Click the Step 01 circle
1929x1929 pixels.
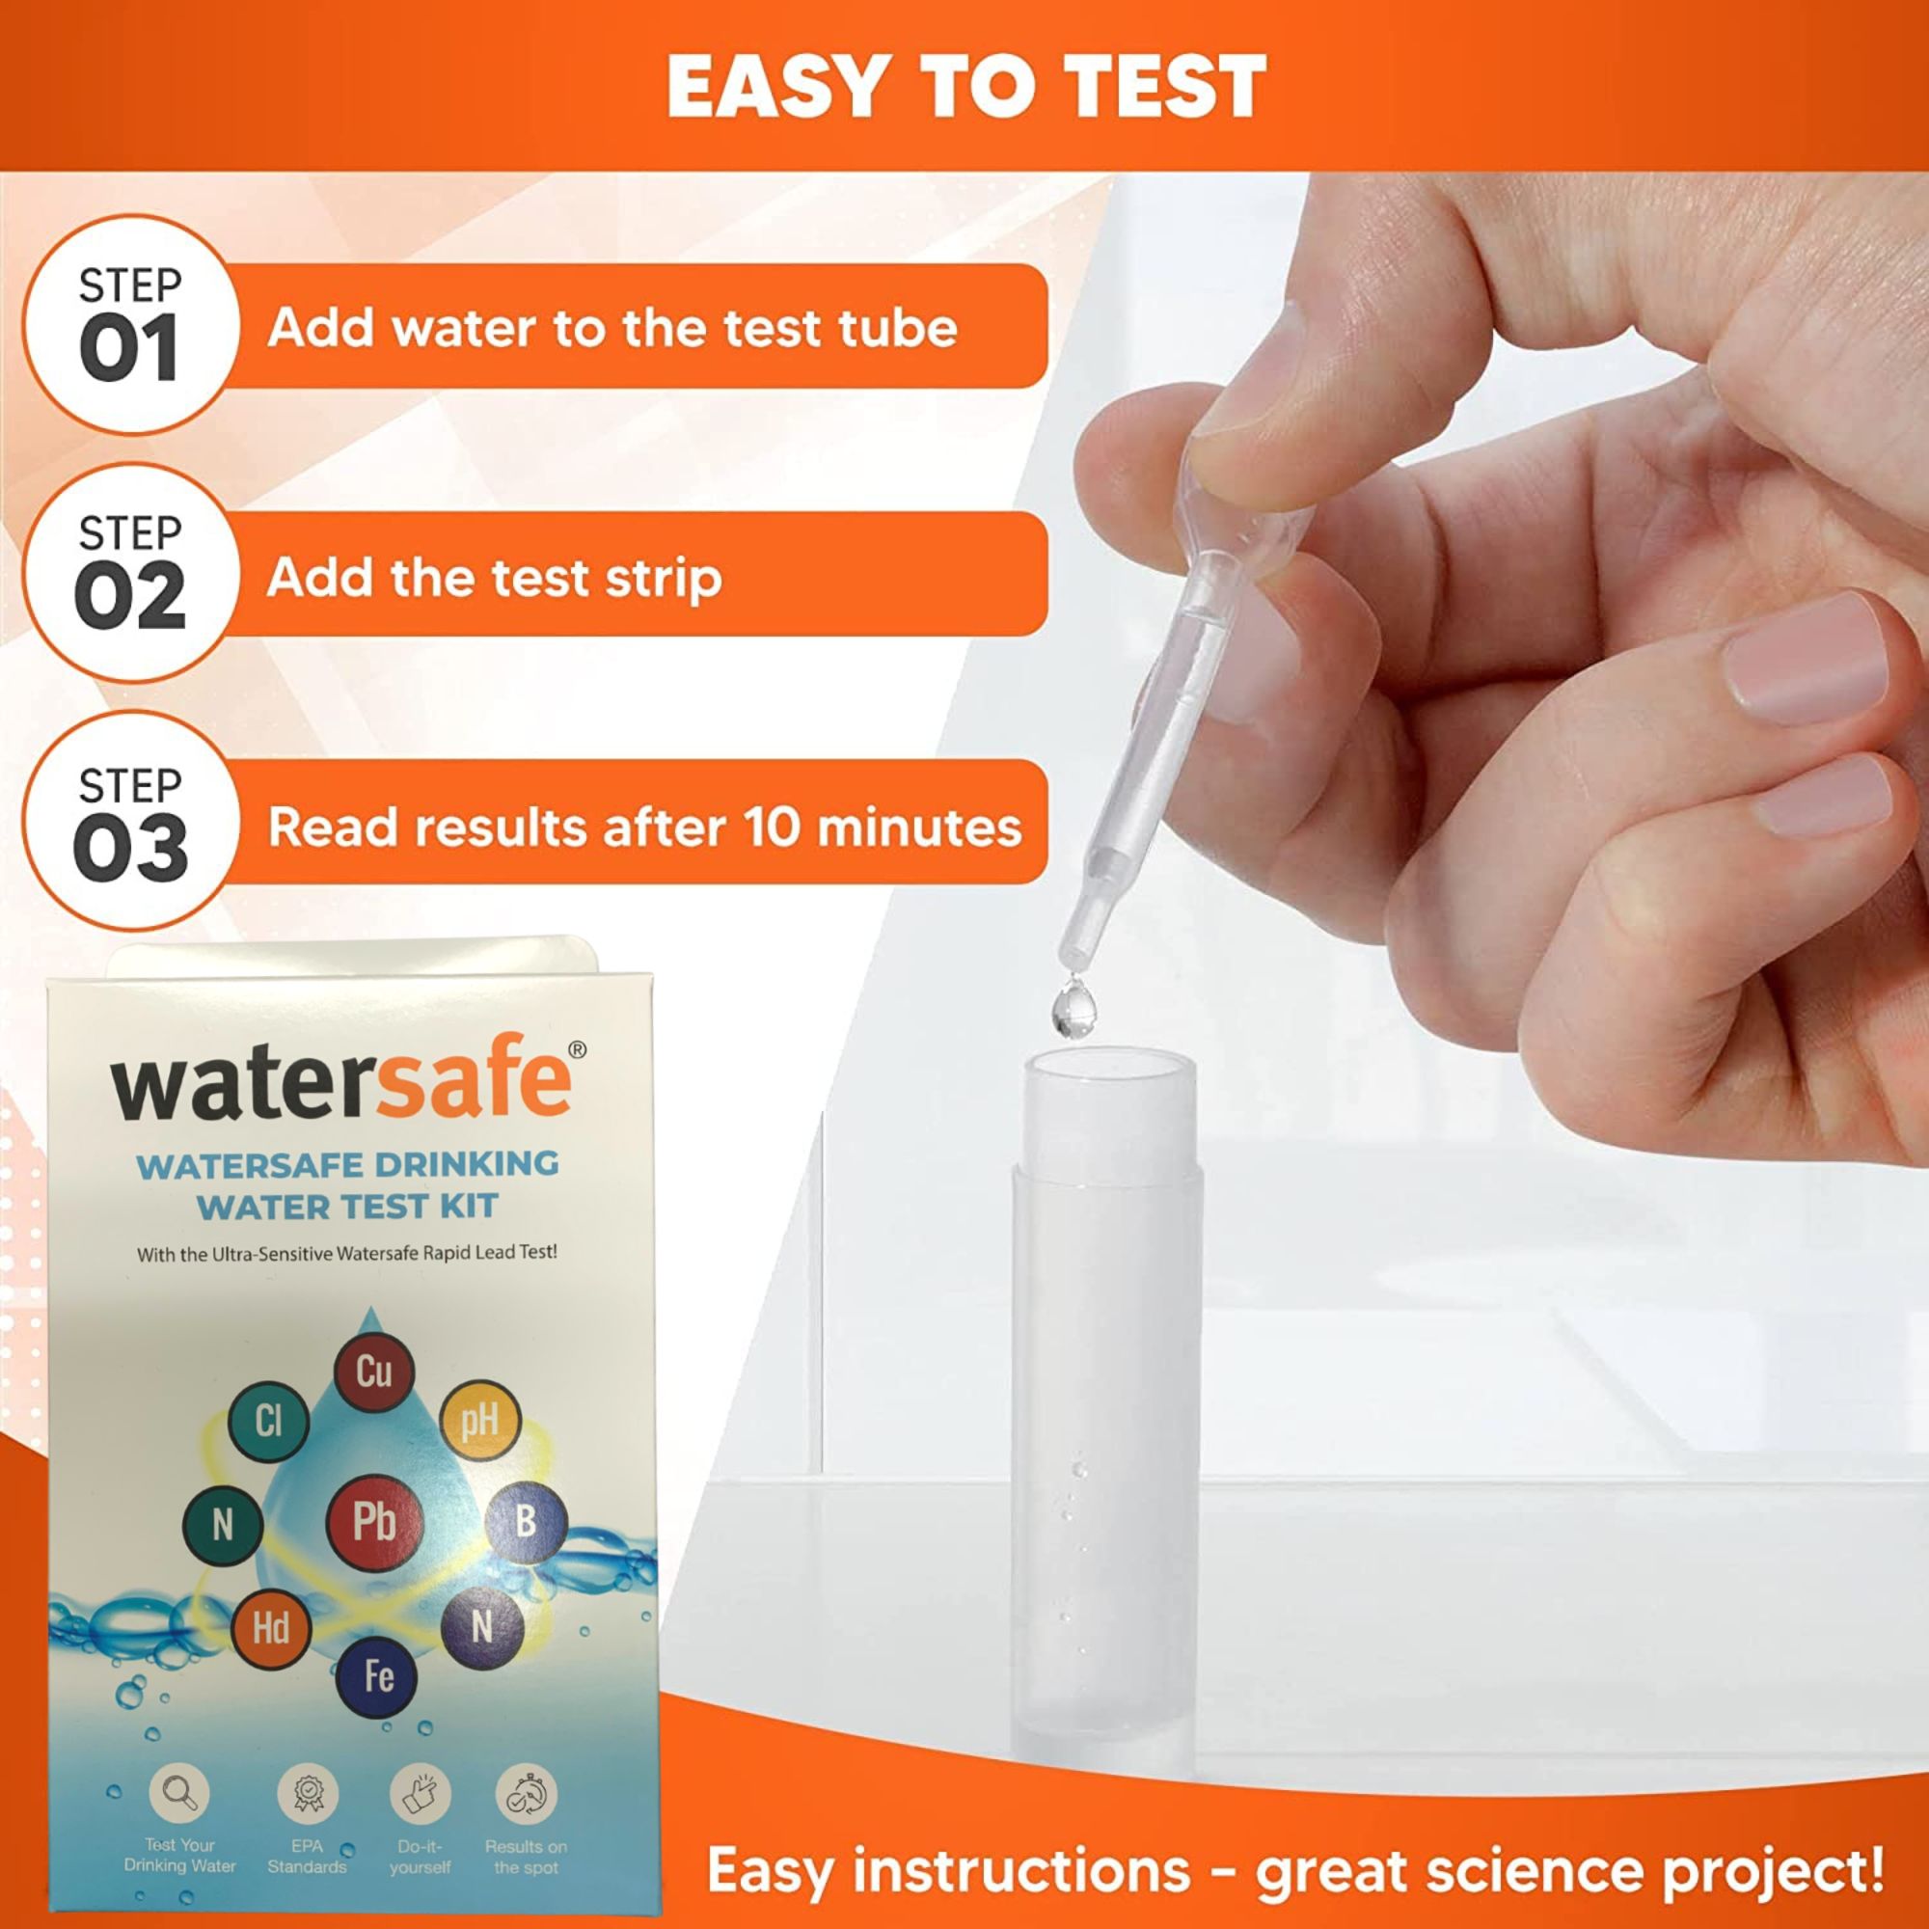131,325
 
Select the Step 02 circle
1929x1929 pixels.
131,573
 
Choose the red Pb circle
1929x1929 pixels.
374,1523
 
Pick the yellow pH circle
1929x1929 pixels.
479,1420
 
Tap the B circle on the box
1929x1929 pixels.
526,1522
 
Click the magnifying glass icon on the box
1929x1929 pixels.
179,1793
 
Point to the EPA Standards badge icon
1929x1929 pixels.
308,1793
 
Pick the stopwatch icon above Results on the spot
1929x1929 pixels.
527,1793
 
